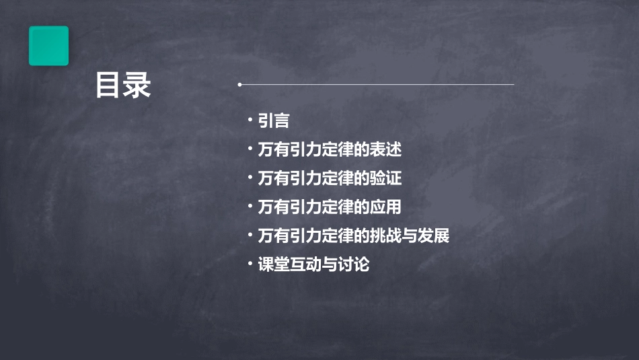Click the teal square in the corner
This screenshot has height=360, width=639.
(x=48, y=46)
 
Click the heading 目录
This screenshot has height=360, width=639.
(x=122, y=86)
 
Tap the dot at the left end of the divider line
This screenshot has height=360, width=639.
(x=239, y=85)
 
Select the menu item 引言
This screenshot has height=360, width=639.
(x=274, y=121)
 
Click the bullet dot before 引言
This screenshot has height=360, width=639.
(x=250, y=120)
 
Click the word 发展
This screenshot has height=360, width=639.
(x=434, y=236)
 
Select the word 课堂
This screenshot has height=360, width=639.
(x=274, y=265)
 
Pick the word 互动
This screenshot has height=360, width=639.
(x=306, y=265)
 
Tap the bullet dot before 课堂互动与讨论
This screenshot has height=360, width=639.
(x=250, y=264)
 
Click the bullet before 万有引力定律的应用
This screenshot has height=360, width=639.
(x=250, y=206)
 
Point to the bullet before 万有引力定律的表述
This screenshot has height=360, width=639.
(x=250, y=148)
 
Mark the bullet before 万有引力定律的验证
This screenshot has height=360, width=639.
(x=250, y=177)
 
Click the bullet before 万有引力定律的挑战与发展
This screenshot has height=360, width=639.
(x=250, y=235)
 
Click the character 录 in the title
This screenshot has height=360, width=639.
(x=137, y=86)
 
